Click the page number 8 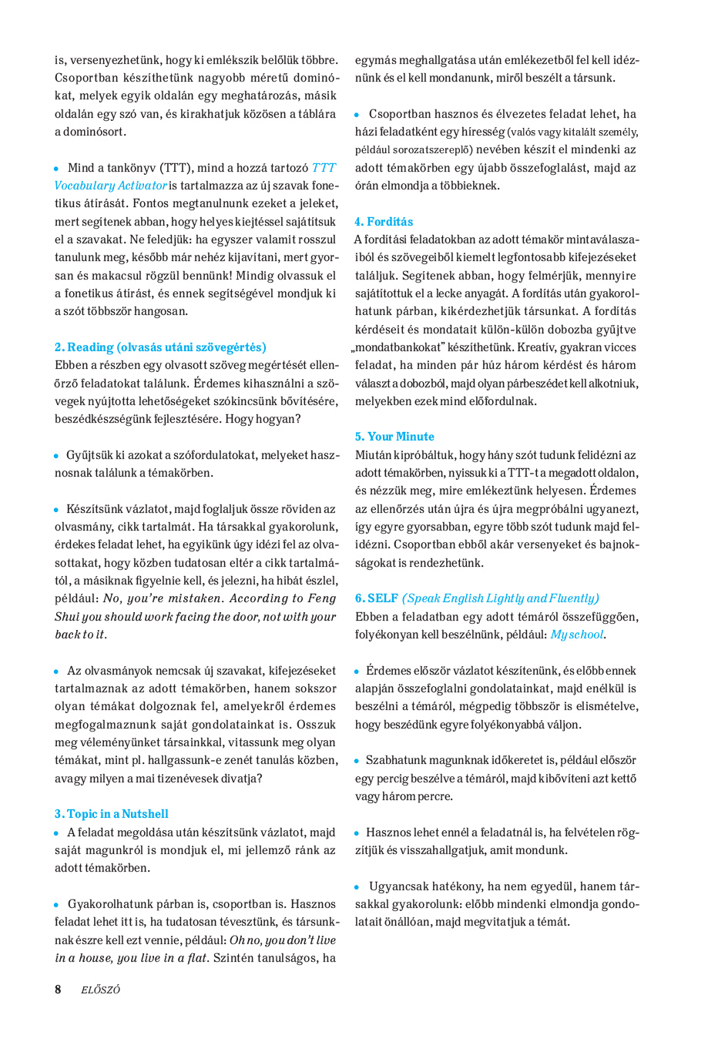tap(58, 990)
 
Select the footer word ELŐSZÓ tap(101, 990)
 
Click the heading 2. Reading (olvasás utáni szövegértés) tap(160, 347)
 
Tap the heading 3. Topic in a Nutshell tap(111, 814)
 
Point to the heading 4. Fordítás tap(384, 222)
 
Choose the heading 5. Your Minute tap(394, 437)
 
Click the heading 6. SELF tap(377, 598)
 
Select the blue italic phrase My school tap(577, 635)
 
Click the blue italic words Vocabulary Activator tap(111, 186)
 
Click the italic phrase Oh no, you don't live tap(283, 940)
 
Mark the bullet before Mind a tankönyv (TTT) tap(56, 169)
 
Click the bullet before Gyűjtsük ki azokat tap(56, 456)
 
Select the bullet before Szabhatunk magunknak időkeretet tap(357, 761)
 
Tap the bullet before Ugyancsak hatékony tap(357, 887)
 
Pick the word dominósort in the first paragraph tap(90, 132)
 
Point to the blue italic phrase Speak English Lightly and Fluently tap(501, 598)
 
